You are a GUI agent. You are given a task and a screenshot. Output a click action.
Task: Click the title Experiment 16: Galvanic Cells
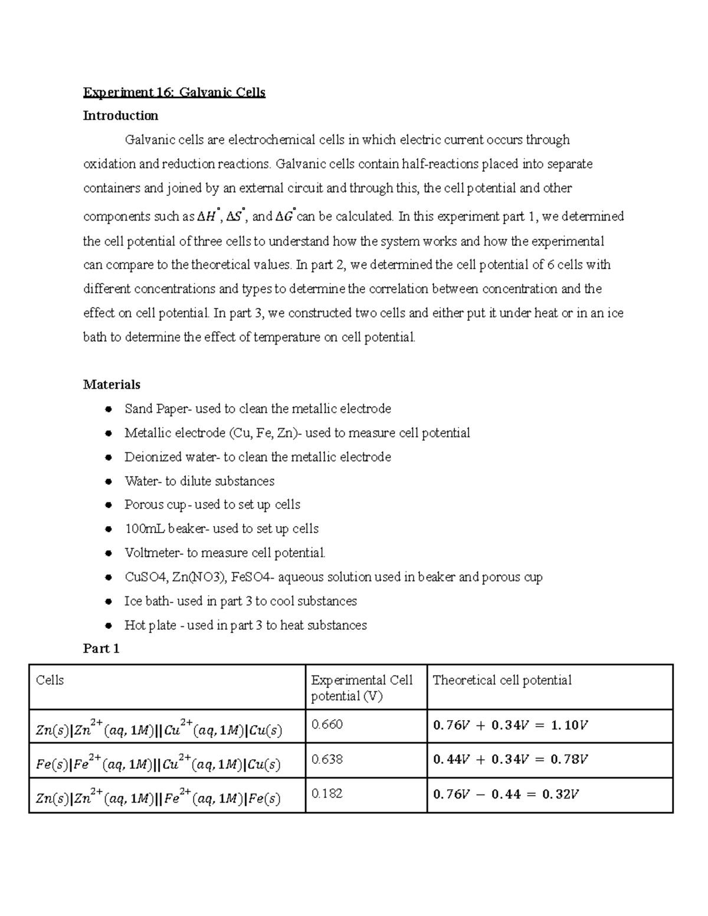174,93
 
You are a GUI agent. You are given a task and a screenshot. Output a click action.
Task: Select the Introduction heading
120,116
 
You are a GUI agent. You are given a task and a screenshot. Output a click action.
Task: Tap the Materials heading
112,385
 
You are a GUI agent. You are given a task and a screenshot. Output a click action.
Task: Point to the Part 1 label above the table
101,649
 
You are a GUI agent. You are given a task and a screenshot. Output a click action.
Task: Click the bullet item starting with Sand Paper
257,409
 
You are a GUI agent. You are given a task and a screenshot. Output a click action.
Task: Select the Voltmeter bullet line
225,553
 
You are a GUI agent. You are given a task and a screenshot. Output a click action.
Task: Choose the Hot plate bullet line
245,625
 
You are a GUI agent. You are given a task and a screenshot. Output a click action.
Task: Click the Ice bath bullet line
240,601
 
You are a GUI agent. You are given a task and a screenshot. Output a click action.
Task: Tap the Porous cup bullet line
212,505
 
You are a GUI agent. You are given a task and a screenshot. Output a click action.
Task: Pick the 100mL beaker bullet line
221,529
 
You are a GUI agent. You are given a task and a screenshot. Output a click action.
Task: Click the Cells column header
50,680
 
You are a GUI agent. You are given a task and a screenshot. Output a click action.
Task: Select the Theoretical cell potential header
502,680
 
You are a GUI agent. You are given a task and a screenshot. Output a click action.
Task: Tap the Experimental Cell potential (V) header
362,688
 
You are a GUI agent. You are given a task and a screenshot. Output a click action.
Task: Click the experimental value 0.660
327,724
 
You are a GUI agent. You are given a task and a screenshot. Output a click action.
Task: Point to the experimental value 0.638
327,759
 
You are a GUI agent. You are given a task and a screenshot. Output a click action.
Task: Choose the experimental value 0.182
327,793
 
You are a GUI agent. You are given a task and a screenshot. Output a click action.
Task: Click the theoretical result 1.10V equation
510,725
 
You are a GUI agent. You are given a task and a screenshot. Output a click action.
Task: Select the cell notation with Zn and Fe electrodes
158,797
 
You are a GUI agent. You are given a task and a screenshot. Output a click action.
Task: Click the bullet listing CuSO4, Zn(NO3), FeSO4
333,577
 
